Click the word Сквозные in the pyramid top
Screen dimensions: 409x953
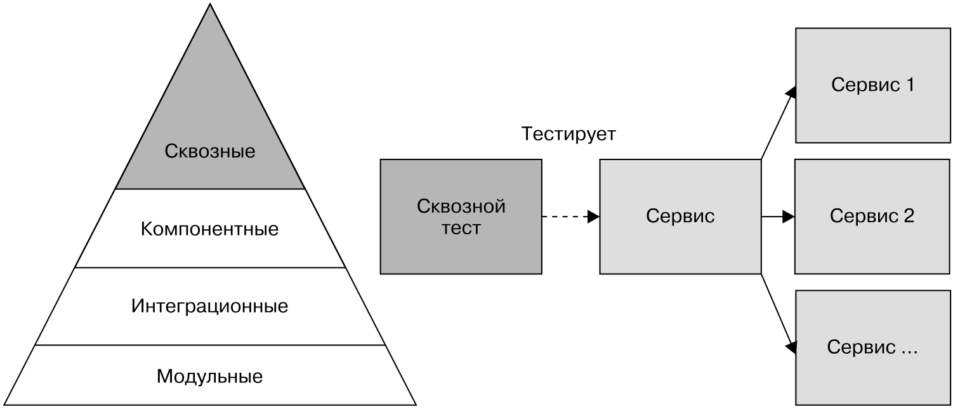[x=210, y=152]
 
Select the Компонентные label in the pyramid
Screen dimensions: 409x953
[x=210, y=229]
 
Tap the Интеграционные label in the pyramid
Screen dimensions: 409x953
[x=210, y=307]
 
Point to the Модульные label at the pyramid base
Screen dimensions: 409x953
[x=210, y=377]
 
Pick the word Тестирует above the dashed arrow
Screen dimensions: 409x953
[x=568, y=134]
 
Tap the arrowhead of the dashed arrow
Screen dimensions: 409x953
[x=594, y=217]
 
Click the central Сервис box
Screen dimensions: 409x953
[x=680, y=217]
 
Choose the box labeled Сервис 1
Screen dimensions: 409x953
[x=873, y=85]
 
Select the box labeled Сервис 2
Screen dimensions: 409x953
[x=873, y=217]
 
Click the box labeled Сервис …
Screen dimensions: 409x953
[x=873, y=347]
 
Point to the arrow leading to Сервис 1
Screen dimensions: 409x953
[x=777, y=124]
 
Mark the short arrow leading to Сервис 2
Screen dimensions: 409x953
[x=777, y=217]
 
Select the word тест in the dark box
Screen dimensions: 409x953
[x=461, y=229]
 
